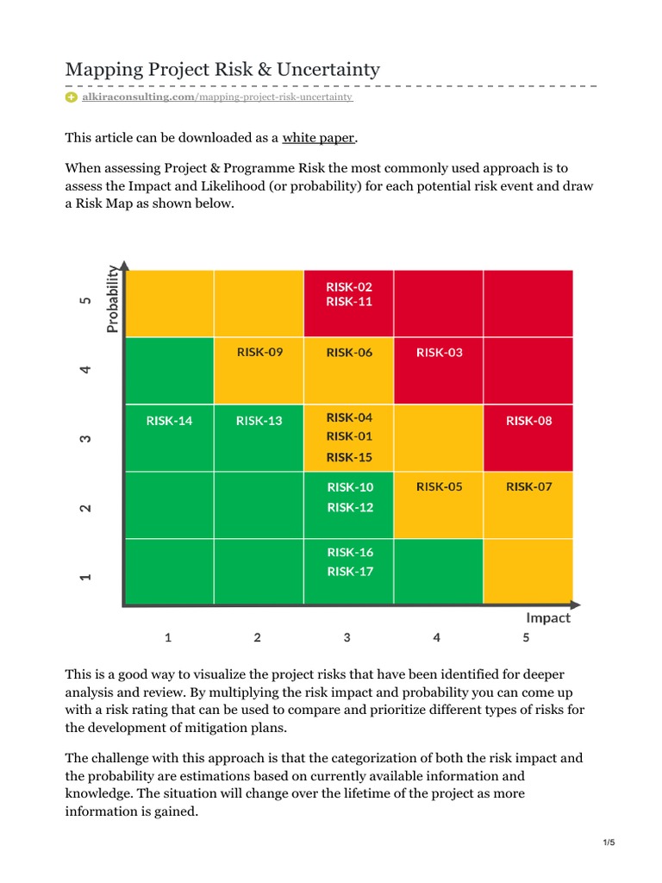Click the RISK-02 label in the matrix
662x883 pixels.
click(x=349, y=286)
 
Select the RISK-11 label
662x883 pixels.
click(x=349, y=302)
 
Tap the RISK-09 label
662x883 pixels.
click(x=259, y=352)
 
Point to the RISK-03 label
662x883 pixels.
click(x=439, y=352)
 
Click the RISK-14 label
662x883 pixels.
click(x=169, y=421)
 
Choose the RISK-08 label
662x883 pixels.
click(x=528, y=421)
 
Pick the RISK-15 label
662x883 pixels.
click(x=349, y=457)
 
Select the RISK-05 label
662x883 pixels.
click(x=439, y=486)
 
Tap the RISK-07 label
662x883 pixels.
click(x=528, y=486)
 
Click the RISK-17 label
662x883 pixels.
click(x=349, y=571)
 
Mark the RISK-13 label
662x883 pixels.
click(x=259, y=421)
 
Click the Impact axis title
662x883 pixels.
click(x=548, y=617)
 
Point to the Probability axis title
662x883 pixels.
click(x=112, y=298)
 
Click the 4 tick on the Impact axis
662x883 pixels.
click(x=437, y=638)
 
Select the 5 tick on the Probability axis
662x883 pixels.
click(x=85, y=302)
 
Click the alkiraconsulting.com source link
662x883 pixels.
click(x=138, y=97)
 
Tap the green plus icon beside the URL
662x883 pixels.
click(x=72, y=97)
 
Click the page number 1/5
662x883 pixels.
click(x=609, y=842)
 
